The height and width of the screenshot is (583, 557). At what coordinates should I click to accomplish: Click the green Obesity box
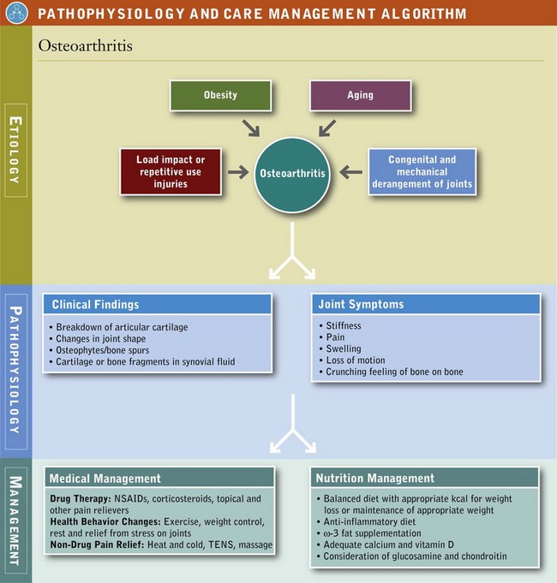tap(221, 95)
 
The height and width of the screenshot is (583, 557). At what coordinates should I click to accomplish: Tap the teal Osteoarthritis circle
tap(292, 173)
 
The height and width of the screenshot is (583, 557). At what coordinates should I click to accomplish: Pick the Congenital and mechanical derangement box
tap(422, 171)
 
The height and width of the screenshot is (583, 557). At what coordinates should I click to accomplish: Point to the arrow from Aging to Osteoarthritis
tap(326, 127)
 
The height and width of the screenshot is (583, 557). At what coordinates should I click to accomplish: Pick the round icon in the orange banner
tap(15, 14)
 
